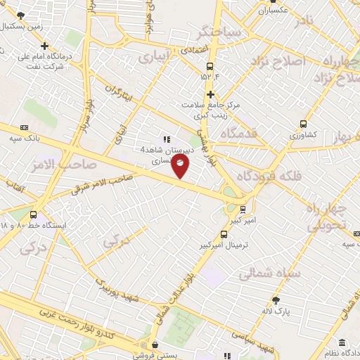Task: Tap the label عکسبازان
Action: pyautogui.click(x=275, y=11)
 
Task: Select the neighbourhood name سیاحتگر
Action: pyautogui.click(x=221, y=32)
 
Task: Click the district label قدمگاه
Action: pyautogui.click(x=239, y=133)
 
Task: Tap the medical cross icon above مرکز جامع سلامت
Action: pyautogui.click(x=210, y=94)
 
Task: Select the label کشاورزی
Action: pyautogui.click(x=303, y=134)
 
